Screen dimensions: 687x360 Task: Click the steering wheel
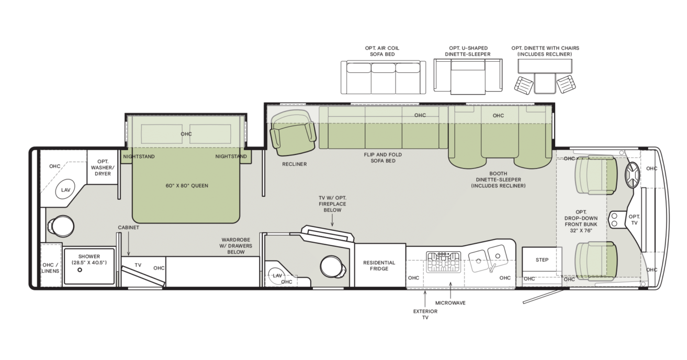(x=633, y=175)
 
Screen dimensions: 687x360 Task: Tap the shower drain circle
(x=80, y=270)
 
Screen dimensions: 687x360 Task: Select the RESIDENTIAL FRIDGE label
(x=379, y=266)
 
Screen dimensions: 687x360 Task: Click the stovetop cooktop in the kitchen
(x=444, y=262)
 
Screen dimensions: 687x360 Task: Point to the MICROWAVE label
(x=450, y=302)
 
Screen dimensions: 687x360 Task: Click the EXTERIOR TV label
(x=425, y=314)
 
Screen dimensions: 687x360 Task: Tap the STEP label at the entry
(x=542, y=260)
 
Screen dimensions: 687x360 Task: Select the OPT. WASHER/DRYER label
(x=103, y=167)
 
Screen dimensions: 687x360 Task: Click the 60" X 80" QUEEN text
(x=187, y=186)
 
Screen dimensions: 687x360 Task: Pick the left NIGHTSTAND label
(x=139, y=156)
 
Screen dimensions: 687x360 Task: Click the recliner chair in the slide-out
(x=293, y=132)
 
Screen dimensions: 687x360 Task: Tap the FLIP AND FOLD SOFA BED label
(x=383, y=157)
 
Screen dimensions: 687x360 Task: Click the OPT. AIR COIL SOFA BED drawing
(x=383, y=77)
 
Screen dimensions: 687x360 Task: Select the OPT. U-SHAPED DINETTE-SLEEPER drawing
(x=468, y=76)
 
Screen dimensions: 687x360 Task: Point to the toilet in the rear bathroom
(x=61, y=226)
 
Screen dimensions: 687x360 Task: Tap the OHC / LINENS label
(x=50, y=268)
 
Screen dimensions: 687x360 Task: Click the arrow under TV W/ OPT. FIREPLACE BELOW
(x=332, y=220)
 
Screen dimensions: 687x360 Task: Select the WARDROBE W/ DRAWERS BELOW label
(x=236, y=245)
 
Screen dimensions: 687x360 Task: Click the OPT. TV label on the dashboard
(x=634, y=220)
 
